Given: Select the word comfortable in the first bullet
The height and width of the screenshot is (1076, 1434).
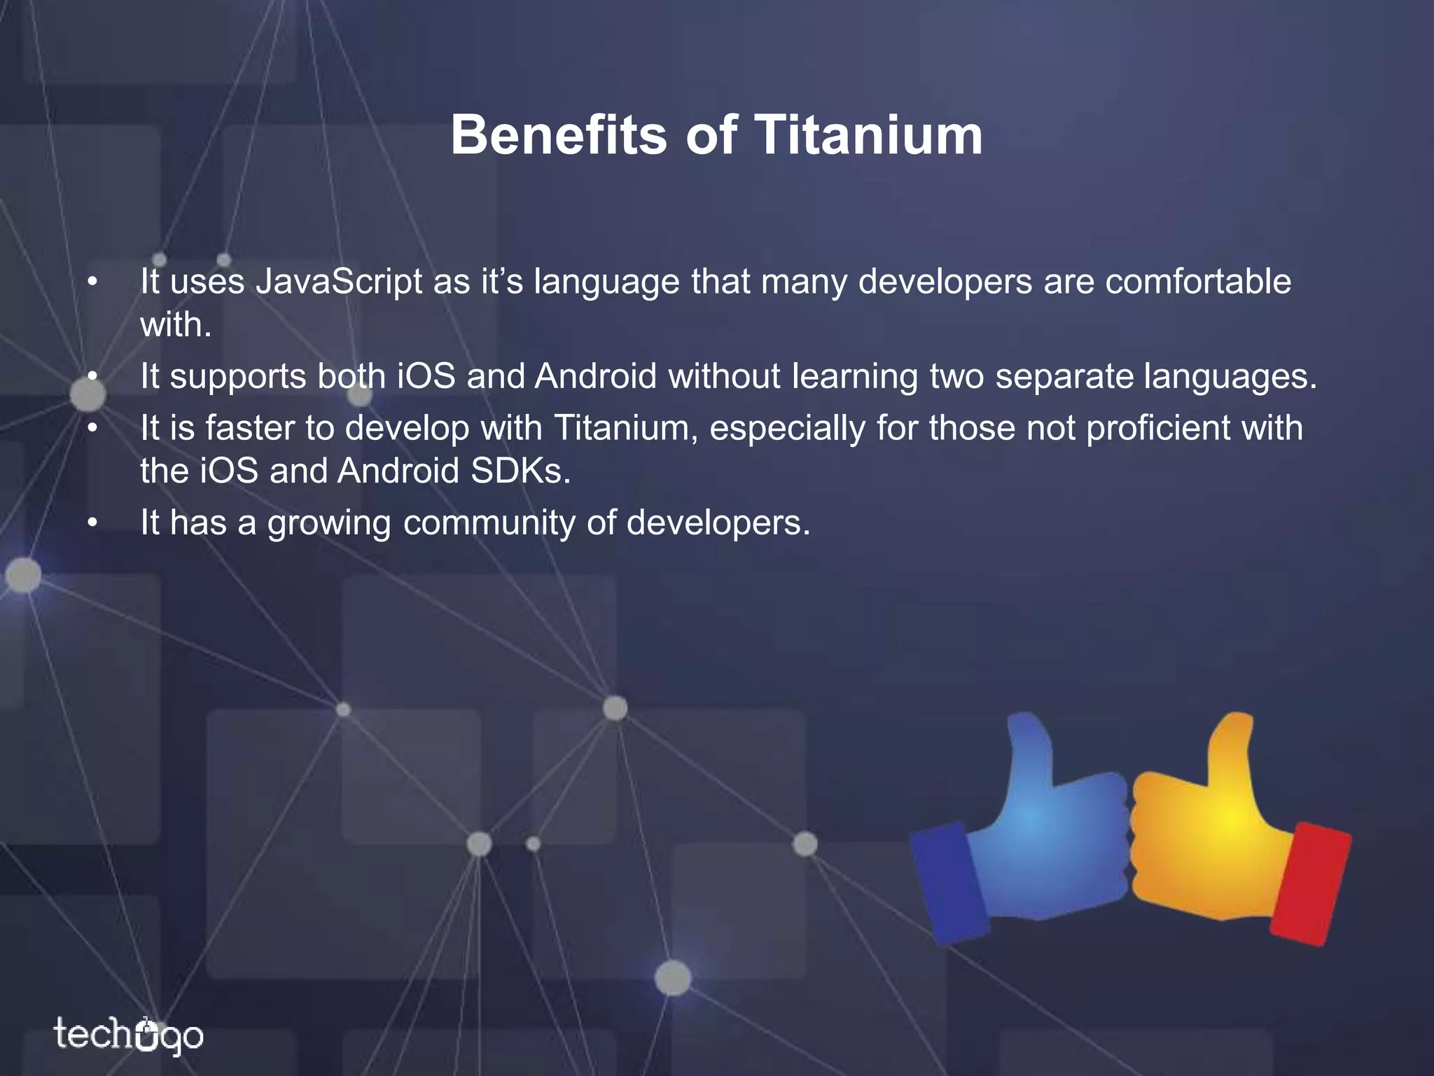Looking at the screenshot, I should click(x=1198, y=282).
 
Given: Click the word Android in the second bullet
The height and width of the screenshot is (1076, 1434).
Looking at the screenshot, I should click(x=596, y=376).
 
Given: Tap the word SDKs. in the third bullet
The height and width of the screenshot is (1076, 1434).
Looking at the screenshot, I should click(x=520, y=471).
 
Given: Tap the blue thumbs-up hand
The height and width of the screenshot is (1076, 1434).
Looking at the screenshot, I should click(x=1043, y=834).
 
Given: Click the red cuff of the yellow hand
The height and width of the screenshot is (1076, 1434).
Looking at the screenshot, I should click(x=1309, y=884).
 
